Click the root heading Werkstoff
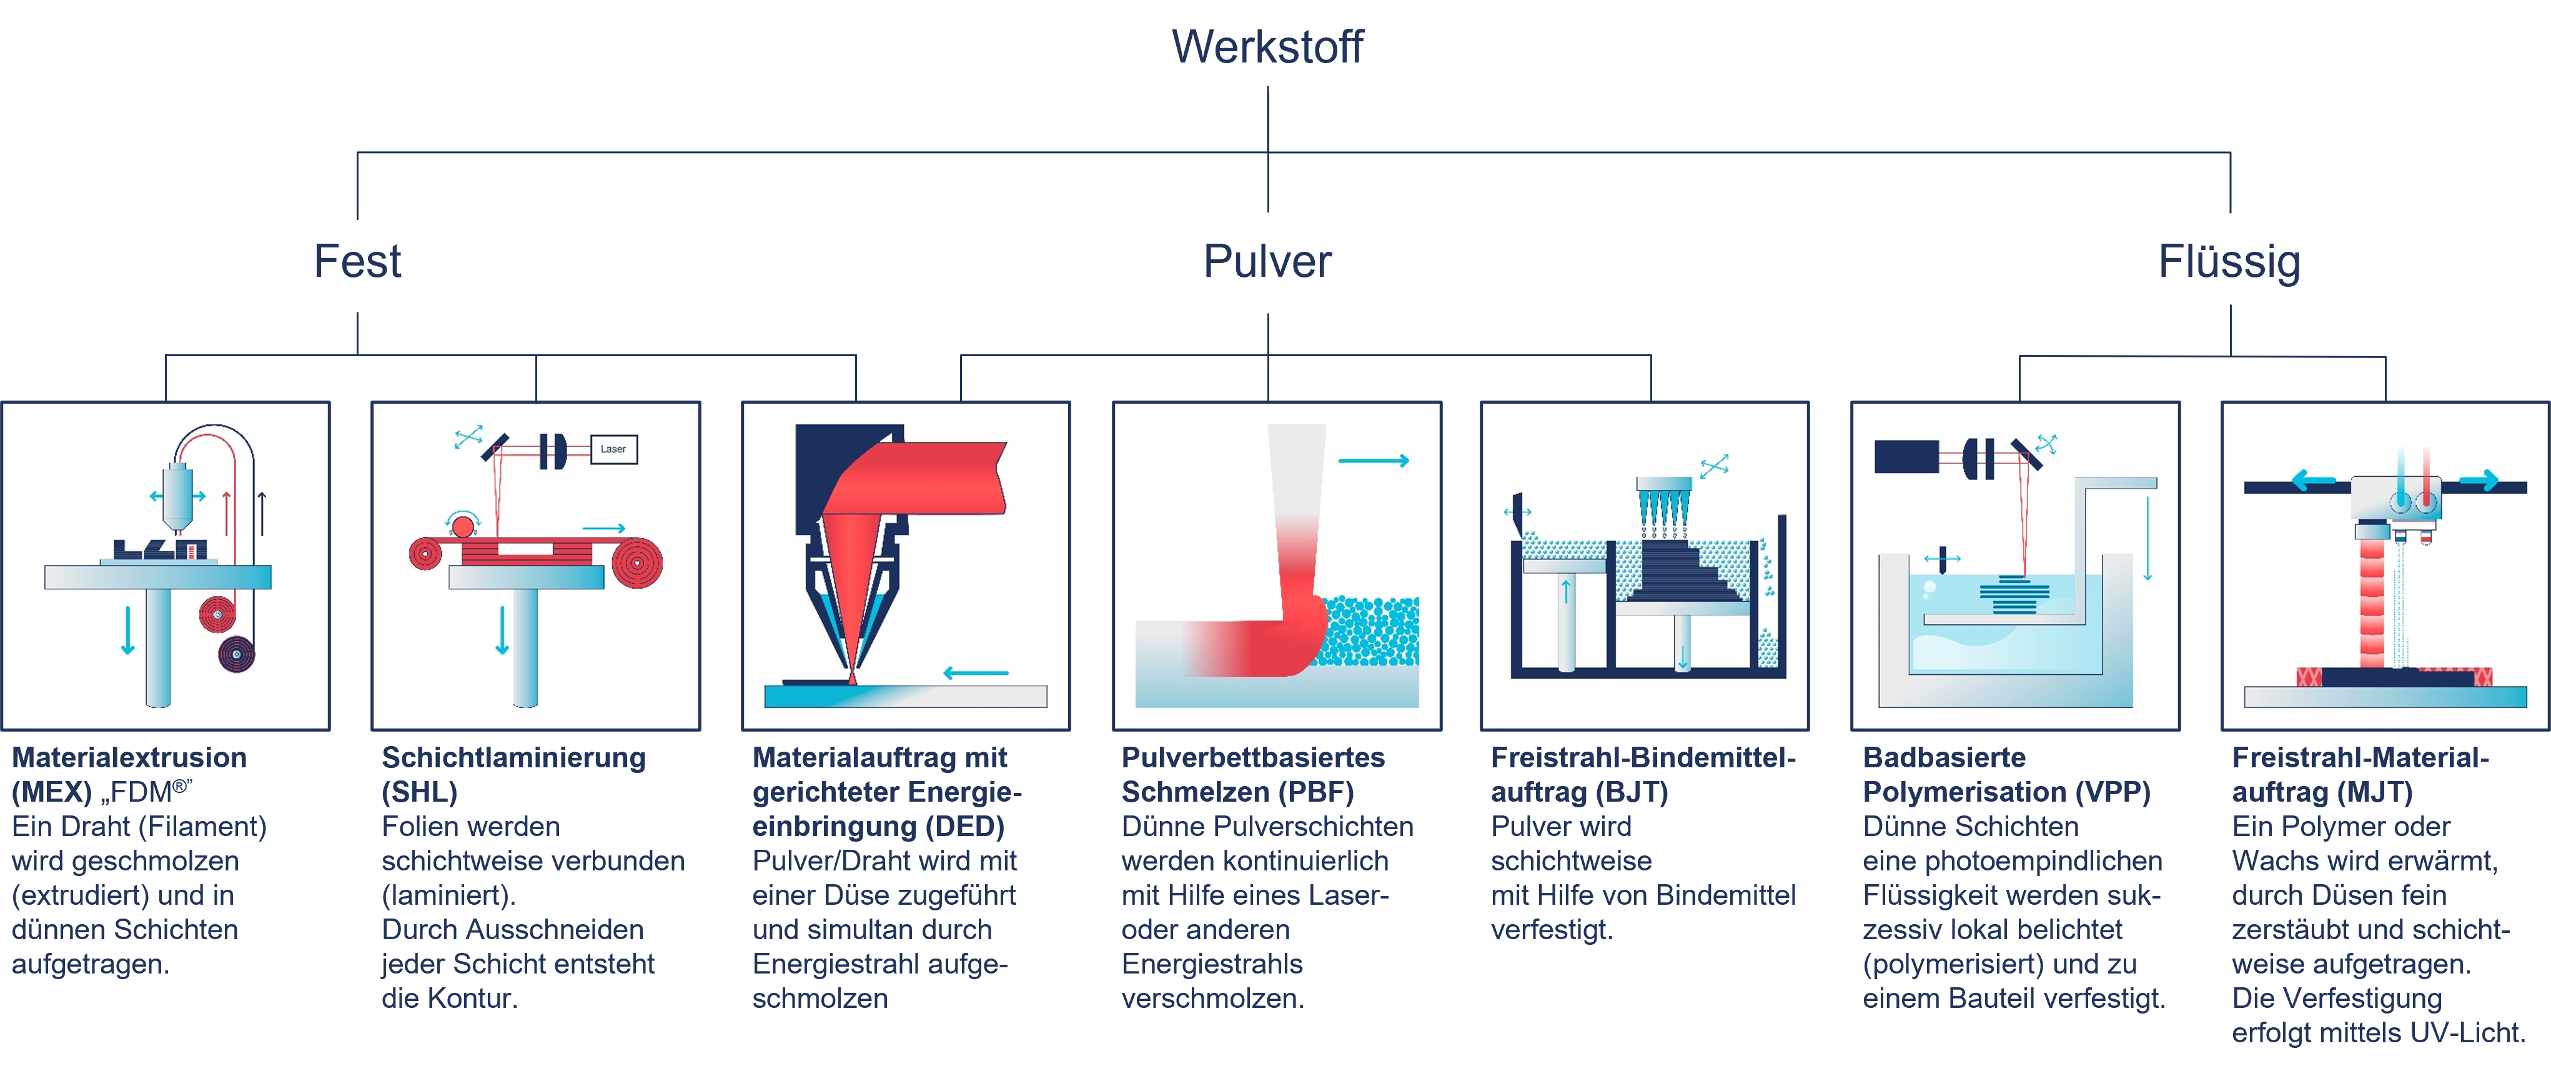point(1267,47)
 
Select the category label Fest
point(357,262)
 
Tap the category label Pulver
point(1267,262)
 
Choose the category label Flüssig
point(2229,262)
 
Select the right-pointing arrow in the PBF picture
point(1374,461)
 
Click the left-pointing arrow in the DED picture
point(976,673)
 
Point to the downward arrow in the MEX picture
point(128,630)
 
